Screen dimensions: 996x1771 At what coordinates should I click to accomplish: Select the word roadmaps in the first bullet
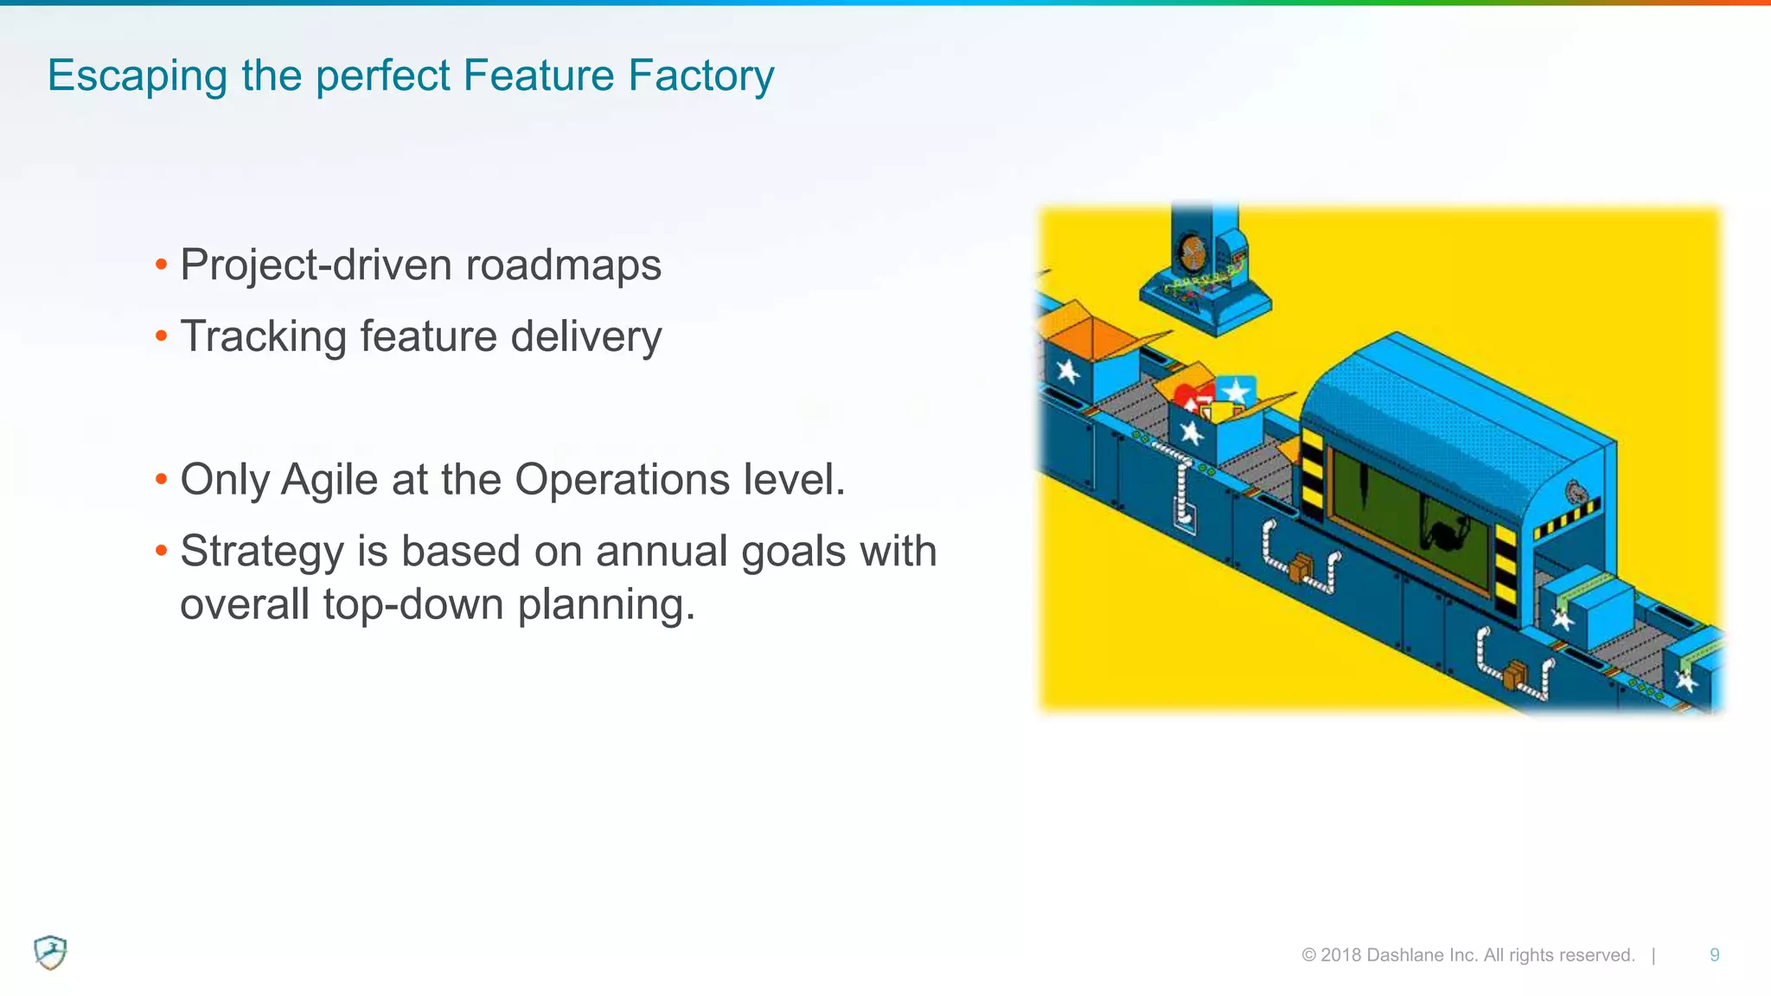coord(563,265)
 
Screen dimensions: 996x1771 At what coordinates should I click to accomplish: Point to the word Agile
coord(329,481)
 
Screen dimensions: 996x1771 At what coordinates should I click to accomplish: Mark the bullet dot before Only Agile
coord(161,479)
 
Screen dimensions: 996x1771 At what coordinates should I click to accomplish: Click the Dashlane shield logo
coord(50,953)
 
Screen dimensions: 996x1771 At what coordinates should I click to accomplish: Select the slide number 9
coord(1714,955)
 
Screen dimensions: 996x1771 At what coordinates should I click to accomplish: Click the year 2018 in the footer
coord(1340,955)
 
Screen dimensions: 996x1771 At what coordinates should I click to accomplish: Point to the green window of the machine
coord(1410,519)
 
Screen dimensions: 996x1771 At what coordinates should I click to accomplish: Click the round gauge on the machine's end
coord(1576,493)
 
